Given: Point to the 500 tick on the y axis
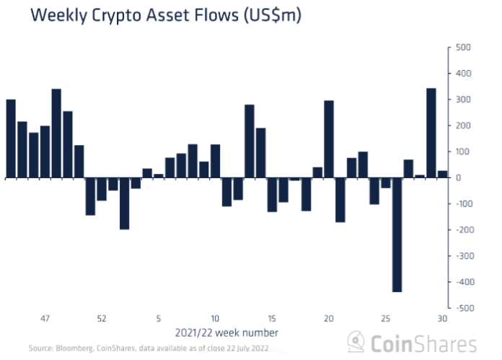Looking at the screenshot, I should (463, 48).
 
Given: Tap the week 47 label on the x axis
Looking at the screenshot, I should (45, 318).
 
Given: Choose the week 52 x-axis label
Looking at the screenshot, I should (102, 318).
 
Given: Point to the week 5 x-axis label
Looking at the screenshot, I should (158, 318).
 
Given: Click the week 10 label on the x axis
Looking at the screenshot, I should (215, 318).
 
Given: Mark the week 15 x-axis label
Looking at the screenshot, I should (272, 318).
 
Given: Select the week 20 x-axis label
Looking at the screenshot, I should (329, 318).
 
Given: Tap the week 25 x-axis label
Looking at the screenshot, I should (385, 318).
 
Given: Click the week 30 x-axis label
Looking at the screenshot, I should (442, 318).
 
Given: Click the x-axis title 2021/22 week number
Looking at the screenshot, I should (226, 333).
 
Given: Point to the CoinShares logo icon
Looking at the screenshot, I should (356, 342).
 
